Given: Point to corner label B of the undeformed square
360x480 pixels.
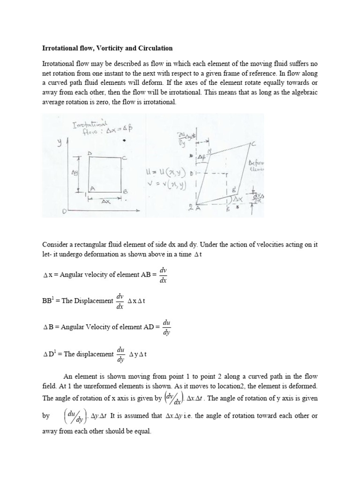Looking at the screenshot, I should click(125, 192).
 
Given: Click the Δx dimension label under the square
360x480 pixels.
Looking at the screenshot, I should click(106, 201).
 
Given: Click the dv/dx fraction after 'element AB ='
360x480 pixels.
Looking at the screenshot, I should click(163, 276).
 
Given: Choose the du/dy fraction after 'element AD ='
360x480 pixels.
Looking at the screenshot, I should click(166, 327).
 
